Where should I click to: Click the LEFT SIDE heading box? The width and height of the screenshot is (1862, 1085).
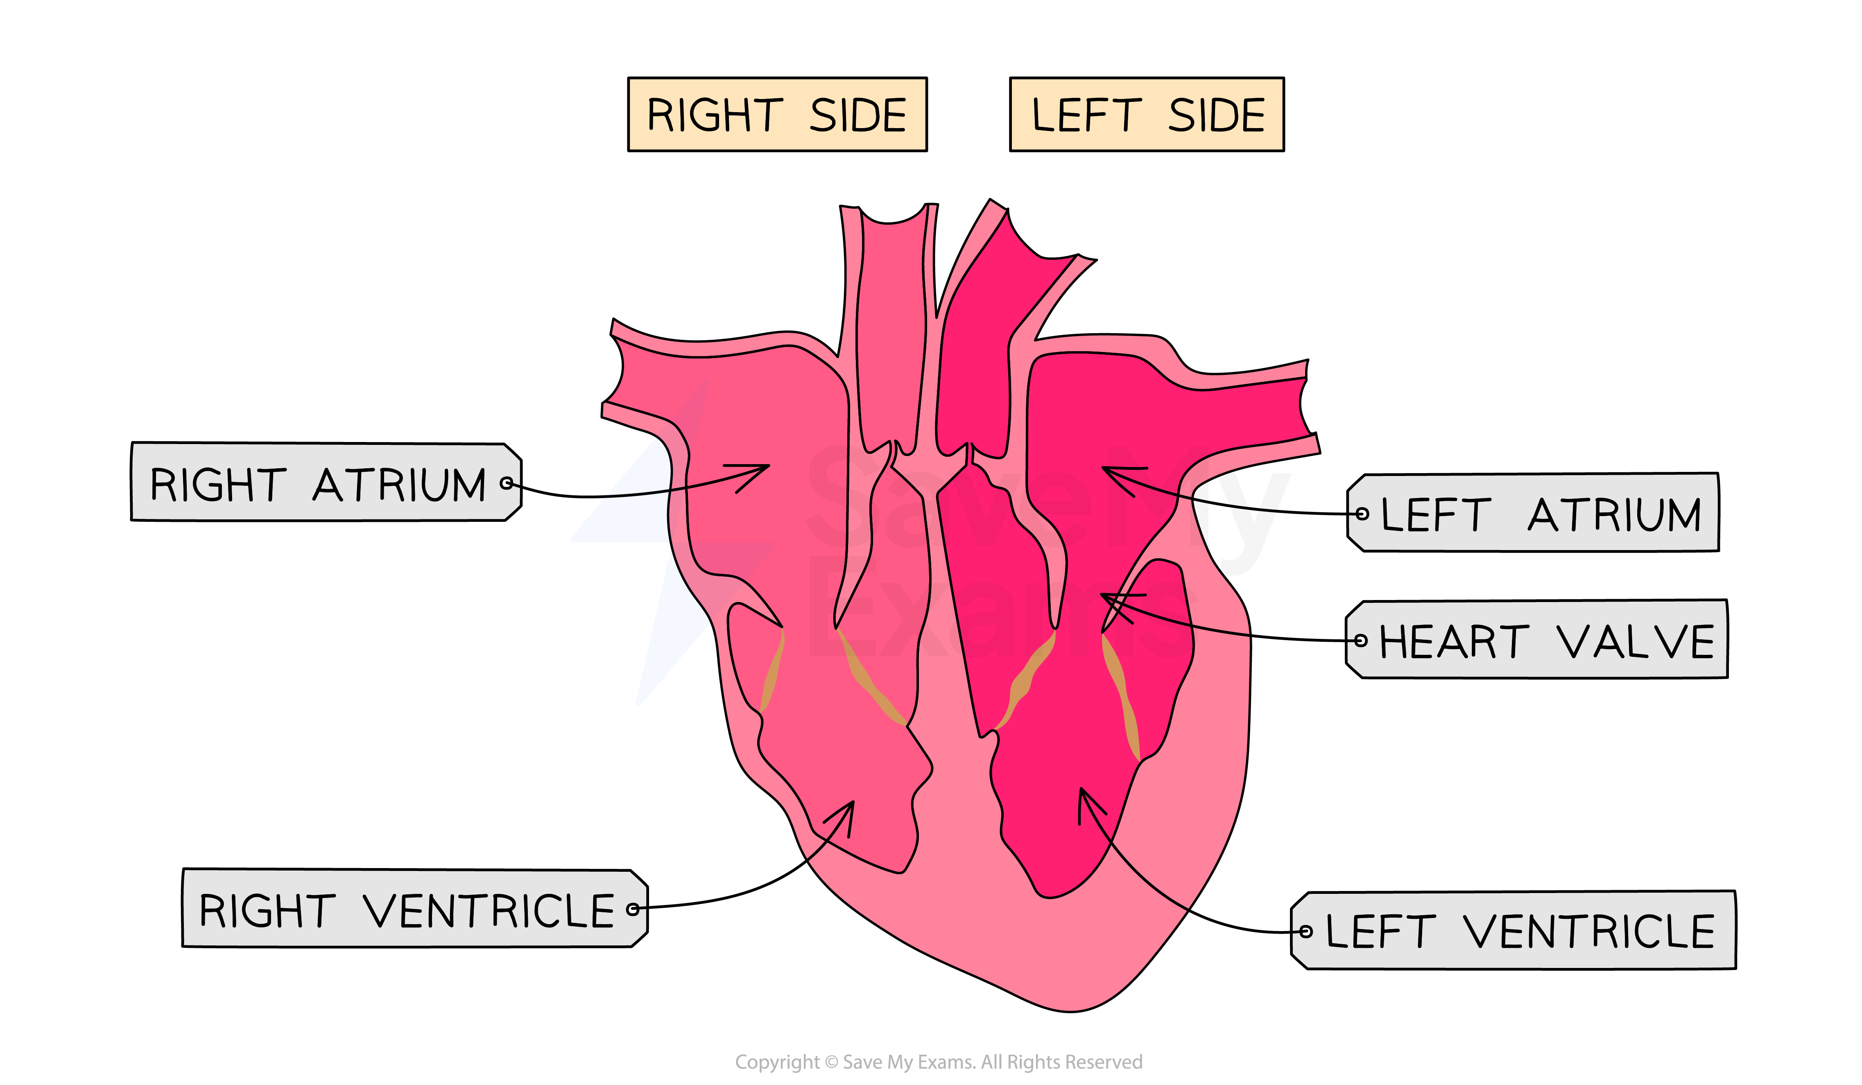[x=1146, y=115]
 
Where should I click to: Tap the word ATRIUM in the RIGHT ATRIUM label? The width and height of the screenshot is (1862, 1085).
[x=399, y=485]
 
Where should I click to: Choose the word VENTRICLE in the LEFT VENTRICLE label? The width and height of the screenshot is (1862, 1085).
[x=1588, y=932]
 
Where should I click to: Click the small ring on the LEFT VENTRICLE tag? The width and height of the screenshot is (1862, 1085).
[x=1305, y=932]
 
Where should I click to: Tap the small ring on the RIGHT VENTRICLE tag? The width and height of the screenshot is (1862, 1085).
[x=633, y=909]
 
